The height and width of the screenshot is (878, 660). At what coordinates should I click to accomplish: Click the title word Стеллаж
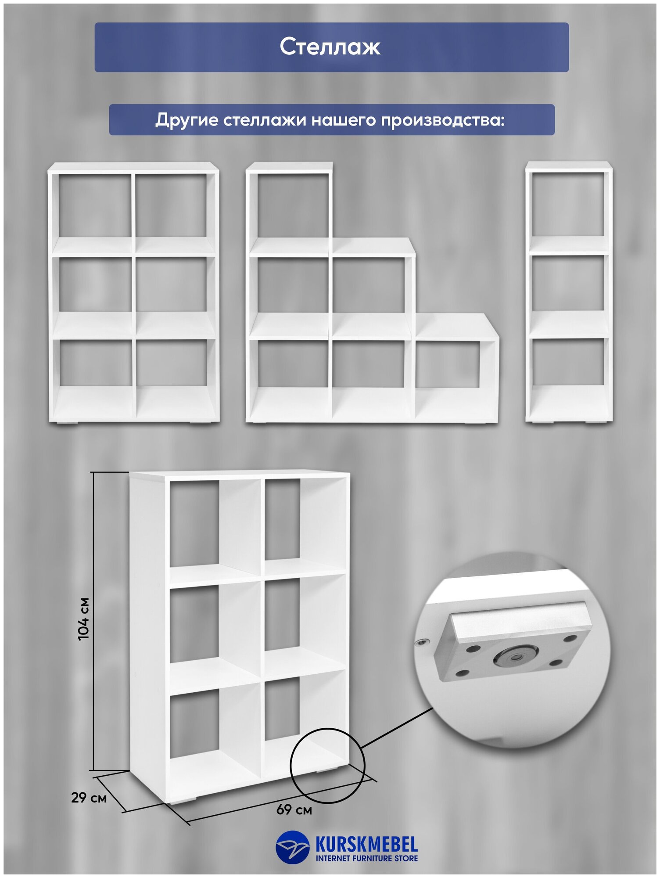point(330,47)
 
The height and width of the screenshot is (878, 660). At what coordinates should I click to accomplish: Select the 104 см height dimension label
point(83,619)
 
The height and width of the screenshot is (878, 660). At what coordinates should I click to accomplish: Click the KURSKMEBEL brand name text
point(366,844)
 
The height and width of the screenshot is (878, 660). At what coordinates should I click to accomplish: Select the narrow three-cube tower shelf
point(569,292)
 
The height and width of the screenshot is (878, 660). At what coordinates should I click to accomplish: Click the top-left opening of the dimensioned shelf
point(194,522)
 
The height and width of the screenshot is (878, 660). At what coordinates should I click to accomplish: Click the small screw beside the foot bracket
point(421,642)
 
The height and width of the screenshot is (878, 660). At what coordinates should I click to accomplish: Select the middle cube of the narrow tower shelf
point(569,283)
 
